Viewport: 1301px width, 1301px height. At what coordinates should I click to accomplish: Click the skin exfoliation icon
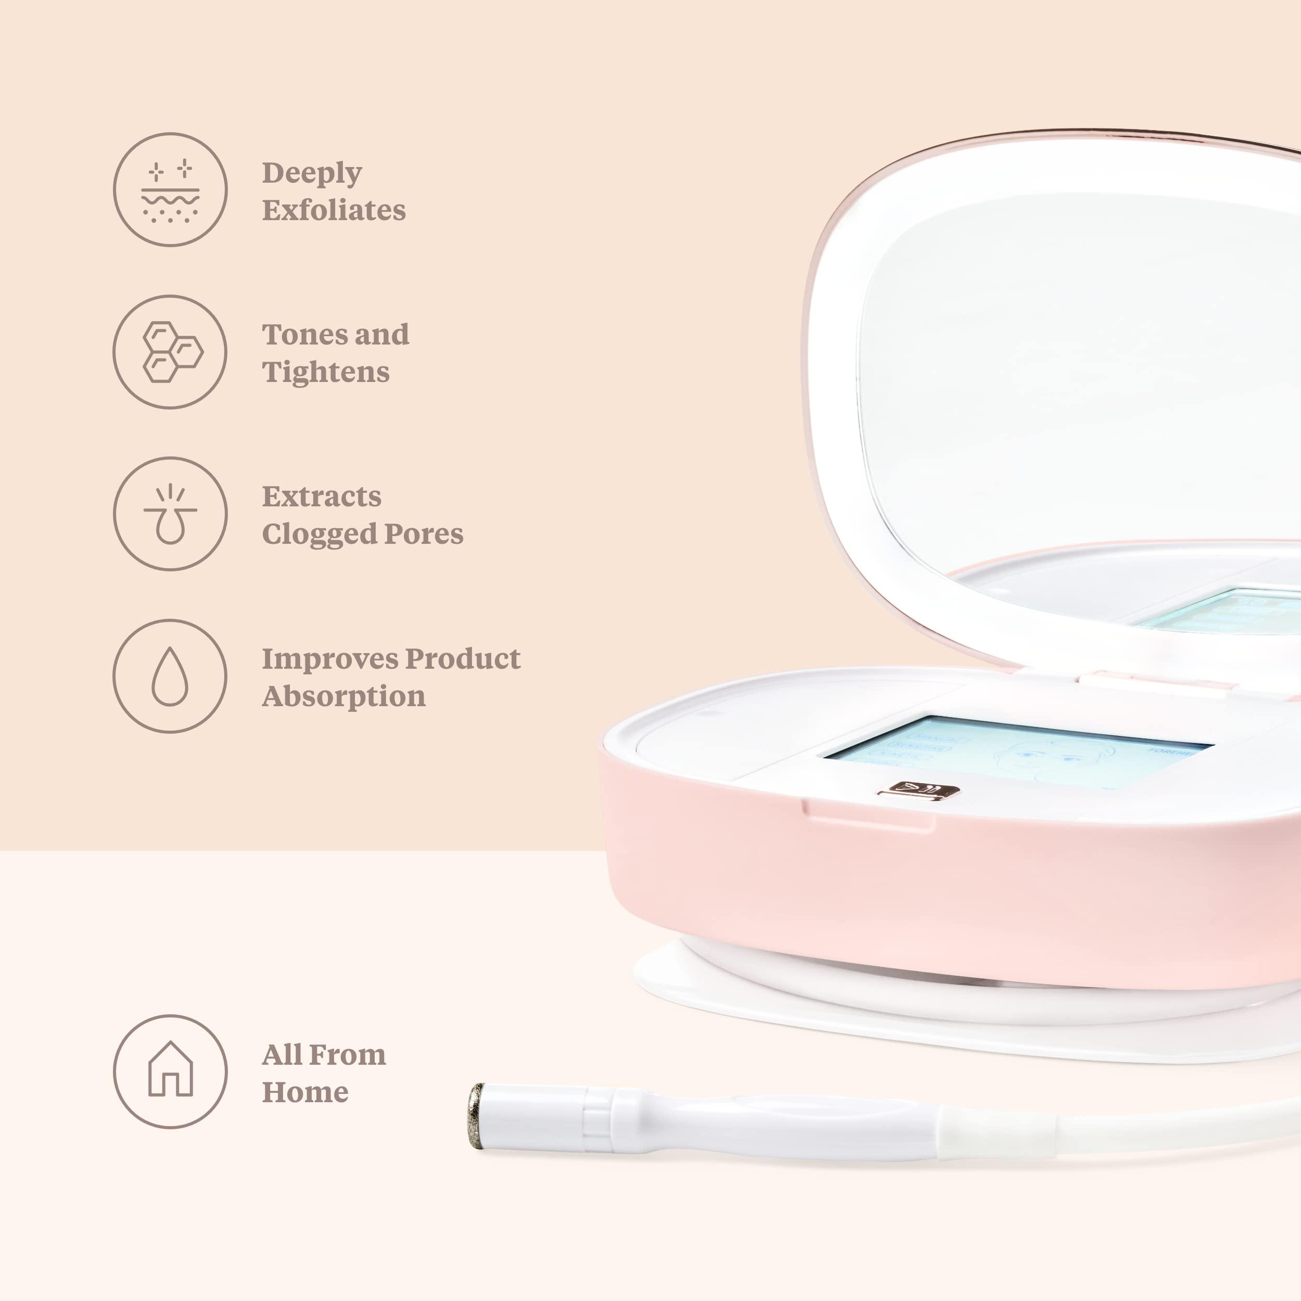(170, 190)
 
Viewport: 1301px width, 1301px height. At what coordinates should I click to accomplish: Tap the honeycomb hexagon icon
(170, 351)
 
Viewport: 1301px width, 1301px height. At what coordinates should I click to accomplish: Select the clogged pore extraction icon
(170, 514)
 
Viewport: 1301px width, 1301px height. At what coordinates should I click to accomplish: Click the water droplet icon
(170, 676)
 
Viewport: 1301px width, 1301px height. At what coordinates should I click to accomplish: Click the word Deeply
(312, 174)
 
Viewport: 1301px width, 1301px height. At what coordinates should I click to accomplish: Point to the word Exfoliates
(334, 210)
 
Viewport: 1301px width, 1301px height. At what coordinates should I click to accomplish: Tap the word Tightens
(326, 372)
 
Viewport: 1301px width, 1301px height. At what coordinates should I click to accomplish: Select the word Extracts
(321, 497)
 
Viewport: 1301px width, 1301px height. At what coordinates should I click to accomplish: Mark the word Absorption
(343, 696)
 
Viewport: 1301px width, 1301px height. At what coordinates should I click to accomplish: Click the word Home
(305, 1092)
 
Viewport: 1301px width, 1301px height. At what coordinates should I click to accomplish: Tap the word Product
(463, 659)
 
